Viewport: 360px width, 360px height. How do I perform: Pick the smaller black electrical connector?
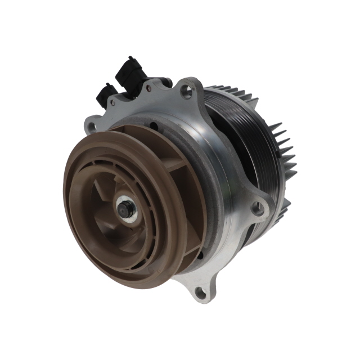(106, 94)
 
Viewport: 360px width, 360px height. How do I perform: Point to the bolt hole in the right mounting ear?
(258, 209)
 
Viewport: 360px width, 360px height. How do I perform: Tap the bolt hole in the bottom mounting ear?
(198, 291)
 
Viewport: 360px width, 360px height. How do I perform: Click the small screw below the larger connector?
(148, 87)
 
